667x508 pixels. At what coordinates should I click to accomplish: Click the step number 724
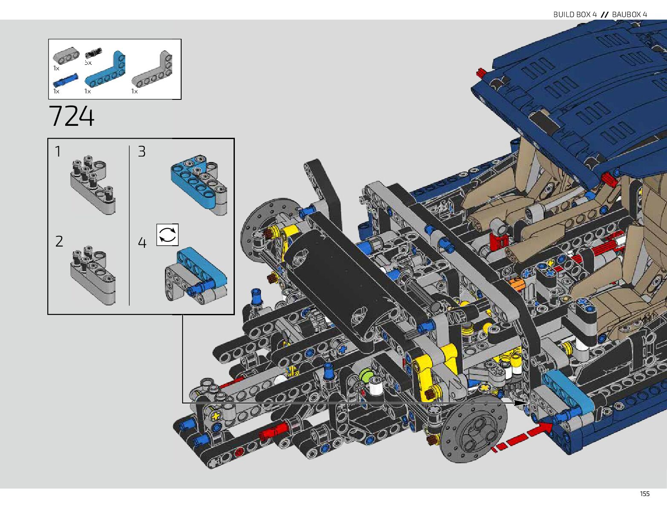click(x=71, y=116)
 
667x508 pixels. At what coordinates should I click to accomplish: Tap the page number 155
click(x=644, y=494)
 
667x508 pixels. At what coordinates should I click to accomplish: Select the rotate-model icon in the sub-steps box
click(x=167, y=235)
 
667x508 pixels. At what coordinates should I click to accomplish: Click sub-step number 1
click(x=58, y=152)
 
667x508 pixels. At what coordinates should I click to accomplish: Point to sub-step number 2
click(x=59, y=241)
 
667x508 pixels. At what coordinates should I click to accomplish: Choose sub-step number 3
click(x=141, y=152)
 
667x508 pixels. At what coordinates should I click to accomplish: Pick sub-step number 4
click(x=142, y=243)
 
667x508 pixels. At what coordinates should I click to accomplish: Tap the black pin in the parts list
click(x=92, y=53)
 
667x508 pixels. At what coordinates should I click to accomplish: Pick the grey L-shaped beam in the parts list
click(x=152, y=70)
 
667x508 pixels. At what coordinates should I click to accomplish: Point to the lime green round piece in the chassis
click(x=366, y=375)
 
